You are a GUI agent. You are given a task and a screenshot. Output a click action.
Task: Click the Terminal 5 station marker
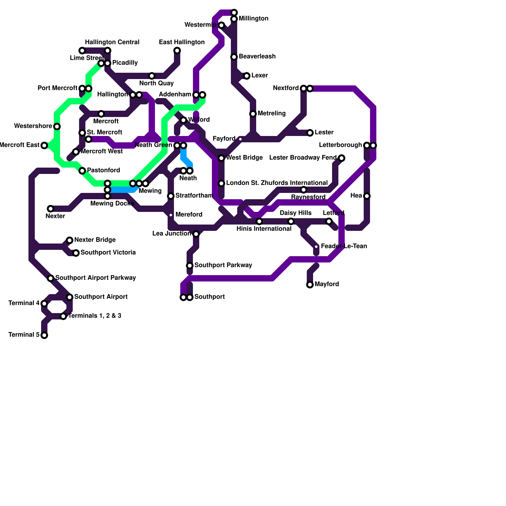[44, 335]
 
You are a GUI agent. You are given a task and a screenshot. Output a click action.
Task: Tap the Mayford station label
[327, 284]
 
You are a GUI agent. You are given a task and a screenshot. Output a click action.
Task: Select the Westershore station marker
[57, 126]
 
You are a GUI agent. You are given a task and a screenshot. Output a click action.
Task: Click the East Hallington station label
[182, 42]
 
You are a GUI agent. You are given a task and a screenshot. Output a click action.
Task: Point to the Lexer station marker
[247, 76]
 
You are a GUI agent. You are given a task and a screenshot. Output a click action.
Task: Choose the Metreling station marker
[253, 114]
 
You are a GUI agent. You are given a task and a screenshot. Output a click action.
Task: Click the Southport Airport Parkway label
[96, 278]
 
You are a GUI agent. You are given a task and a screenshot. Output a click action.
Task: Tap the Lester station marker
[310, 133]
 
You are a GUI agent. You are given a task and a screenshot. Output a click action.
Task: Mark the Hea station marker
[367, 196]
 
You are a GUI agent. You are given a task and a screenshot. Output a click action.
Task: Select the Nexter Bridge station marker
[70, 240]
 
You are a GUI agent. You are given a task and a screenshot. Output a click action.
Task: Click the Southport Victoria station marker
[76, 253]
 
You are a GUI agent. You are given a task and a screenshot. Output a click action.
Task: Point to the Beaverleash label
[257, 56]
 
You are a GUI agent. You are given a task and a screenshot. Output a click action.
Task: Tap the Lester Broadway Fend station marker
[342, 158]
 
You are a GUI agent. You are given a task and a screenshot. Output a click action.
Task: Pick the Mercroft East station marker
[44, 145]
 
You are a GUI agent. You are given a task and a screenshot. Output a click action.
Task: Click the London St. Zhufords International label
[277, 183]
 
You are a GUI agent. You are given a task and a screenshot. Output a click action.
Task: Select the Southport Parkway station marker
[190, 266]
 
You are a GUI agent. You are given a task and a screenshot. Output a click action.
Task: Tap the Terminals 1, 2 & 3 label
[95, 316]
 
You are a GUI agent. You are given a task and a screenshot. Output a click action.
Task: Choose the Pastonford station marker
[82, 171]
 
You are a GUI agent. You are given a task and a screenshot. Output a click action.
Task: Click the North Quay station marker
[152, 76]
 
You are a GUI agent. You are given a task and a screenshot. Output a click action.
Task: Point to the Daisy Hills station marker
[291, 221]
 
